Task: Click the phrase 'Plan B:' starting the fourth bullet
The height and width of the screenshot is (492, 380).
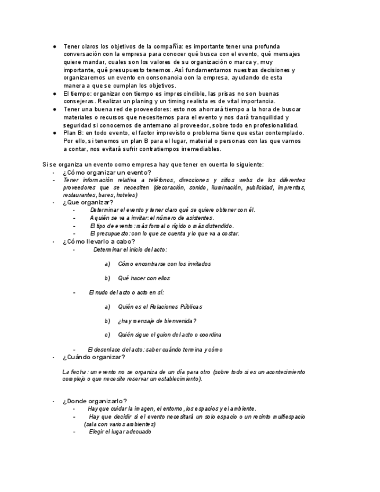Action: click(73, 133)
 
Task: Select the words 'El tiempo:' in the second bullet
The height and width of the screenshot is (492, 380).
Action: click(77, 93)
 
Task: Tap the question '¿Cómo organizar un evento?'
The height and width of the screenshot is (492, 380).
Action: click(107, 172)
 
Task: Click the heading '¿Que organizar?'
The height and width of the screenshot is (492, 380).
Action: click(88, 202)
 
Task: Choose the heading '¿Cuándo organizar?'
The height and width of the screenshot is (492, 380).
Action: click(93, 357)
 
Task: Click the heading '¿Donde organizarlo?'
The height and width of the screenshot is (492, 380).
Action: click(95, 401)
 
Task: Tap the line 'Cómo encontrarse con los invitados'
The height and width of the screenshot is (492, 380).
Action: click(164, 264)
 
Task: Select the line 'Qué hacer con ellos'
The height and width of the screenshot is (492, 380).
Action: click(144, 278)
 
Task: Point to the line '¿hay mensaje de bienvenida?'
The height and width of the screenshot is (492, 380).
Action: click(157, 321)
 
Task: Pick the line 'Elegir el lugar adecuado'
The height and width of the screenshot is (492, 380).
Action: click(120, 432)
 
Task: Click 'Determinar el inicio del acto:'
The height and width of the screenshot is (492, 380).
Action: click(130, 249)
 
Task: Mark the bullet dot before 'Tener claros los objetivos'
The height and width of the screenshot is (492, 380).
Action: click(54, 46)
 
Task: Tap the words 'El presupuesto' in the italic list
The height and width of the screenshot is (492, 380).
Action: click(108, 234)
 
